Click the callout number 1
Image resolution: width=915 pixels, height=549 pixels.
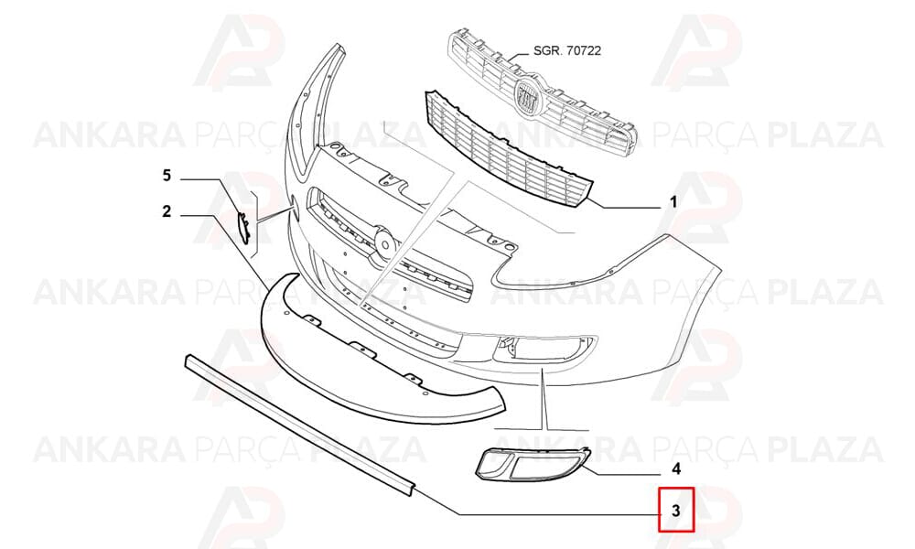673,202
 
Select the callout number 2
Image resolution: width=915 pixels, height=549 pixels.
167,211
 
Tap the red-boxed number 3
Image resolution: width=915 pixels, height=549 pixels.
676,511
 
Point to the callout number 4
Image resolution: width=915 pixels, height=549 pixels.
676,468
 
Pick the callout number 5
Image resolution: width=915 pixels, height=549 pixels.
167,175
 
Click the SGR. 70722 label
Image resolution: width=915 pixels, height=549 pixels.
567,50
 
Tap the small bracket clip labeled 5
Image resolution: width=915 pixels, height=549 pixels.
243,226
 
